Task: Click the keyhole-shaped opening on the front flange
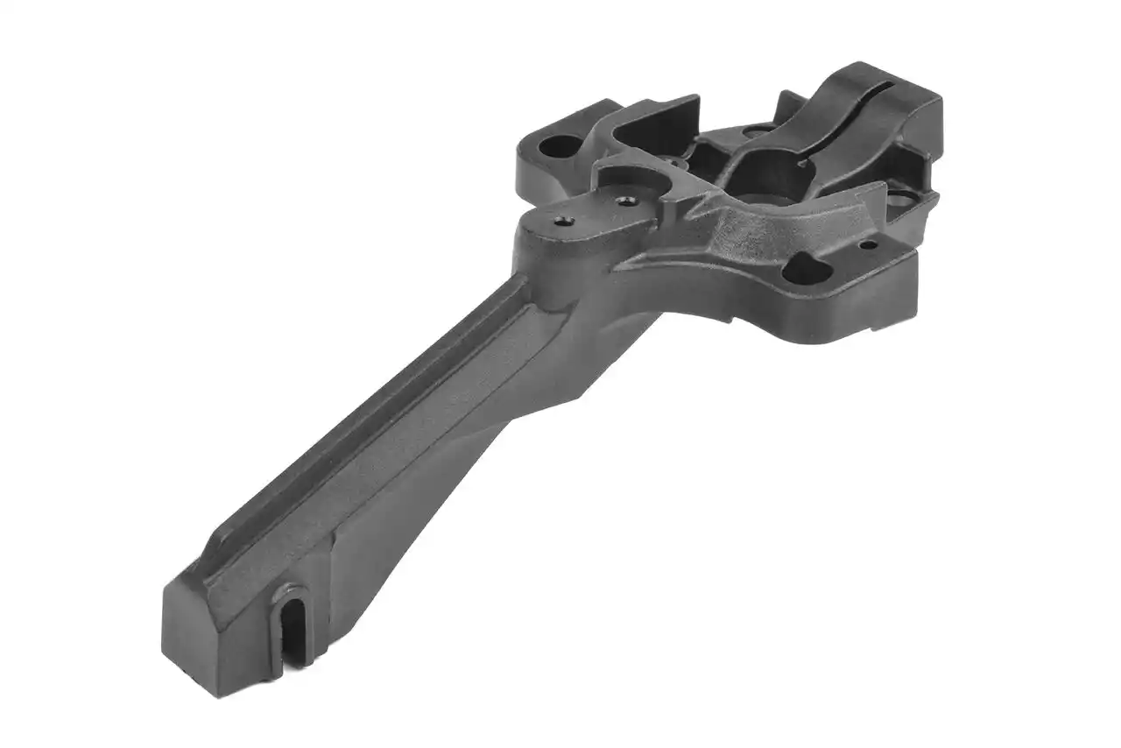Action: point(804,269)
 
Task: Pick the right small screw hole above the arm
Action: point(624,201)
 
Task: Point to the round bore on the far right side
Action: point(899,201)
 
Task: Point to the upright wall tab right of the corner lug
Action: point(670,118)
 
